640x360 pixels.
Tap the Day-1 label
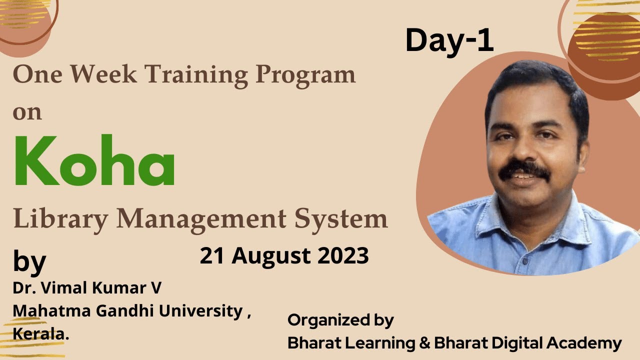click(x=449, y=41)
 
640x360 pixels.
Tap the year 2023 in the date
click(x=342, y=256)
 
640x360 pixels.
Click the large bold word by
click(x=29, y=262)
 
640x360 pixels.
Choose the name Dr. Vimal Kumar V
click(x=87, y=288)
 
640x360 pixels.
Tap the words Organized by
click(x=340, y=320)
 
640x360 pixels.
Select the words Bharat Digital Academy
click(x=528, y=343)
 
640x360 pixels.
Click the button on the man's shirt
click(x=524, y=261)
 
